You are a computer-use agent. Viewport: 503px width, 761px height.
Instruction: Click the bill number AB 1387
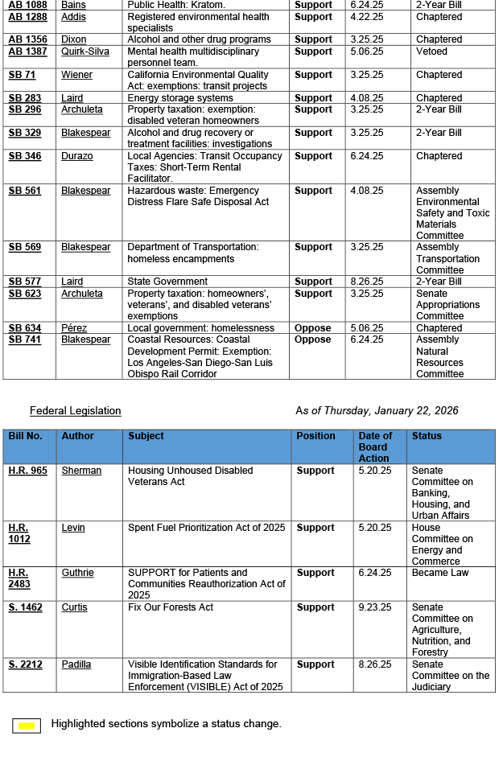pyautogui.click(x=27, y=51)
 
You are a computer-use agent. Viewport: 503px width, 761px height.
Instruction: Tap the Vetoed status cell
pyautogui.click(x=431, y=51)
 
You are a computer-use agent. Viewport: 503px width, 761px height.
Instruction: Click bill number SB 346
pyautogui.click(x=25, y=156)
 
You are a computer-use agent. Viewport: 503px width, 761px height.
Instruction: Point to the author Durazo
pyautogui.click(x=77, y=156)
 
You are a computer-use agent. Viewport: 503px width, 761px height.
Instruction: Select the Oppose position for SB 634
pyautogui.click(x=313, y=328)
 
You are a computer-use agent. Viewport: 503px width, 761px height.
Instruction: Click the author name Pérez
pyautogui.click(x=74, y=328)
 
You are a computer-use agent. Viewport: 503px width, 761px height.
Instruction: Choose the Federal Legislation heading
pyautogui.click(x=75, y=411)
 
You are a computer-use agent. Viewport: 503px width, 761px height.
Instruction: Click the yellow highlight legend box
pyautogui.click(x=27, y=726)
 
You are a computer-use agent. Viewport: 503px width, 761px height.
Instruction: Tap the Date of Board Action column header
pyautogui.click(x=375, y=446)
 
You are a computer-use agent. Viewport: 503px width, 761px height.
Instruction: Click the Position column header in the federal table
pyautogui.click(x=315, y=436)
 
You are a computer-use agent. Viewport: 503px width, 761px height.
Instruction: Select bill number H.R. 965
pyautogui.click(x=27, y=471)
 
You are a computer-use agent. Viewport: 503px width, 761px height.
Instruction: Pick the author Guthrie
pyautogui.click(x=77, y=573)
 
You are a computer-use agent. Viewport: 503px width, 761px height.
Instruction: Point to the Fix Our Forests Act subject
pyautogui.click(x=171, y=607)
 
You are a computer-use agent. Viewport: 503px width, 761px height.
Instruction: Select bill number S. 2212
pyautogui.click(x=25, y=664)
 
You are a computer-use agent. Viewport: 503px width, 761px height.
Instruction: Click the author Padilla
pyautogui.click(x=76, y=664)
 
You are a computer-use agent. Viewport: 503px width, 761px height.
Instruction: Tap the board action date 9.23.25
pyautogui.click(x=375, y=607)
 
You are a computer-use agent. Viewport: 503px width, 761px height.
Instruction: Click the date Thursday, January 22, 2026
pyautogui.click(x=377, y=411)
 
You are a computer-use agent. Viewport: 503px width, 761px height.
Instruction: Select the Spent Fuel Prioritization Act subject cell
pyautogui.click(x=206, y=528)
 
